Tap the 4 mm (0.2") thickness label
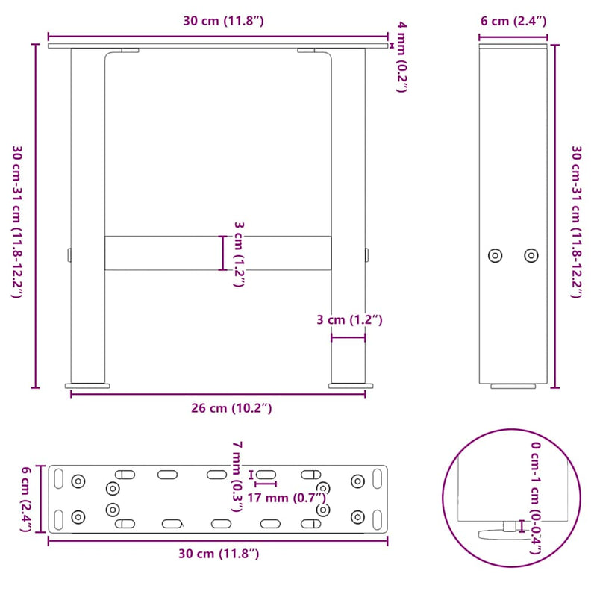402,57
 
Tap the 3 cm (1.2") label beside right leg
348,320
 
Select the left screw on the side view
495,255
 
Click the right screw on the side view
531,255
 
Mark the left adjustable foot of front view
88,385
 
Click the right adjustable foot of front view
348,385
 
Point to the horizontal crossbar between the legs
218,253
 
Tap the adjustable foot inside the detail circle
498,532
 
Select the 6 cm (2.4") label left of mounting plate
25,498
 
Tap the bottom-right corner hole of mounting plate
358,516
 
